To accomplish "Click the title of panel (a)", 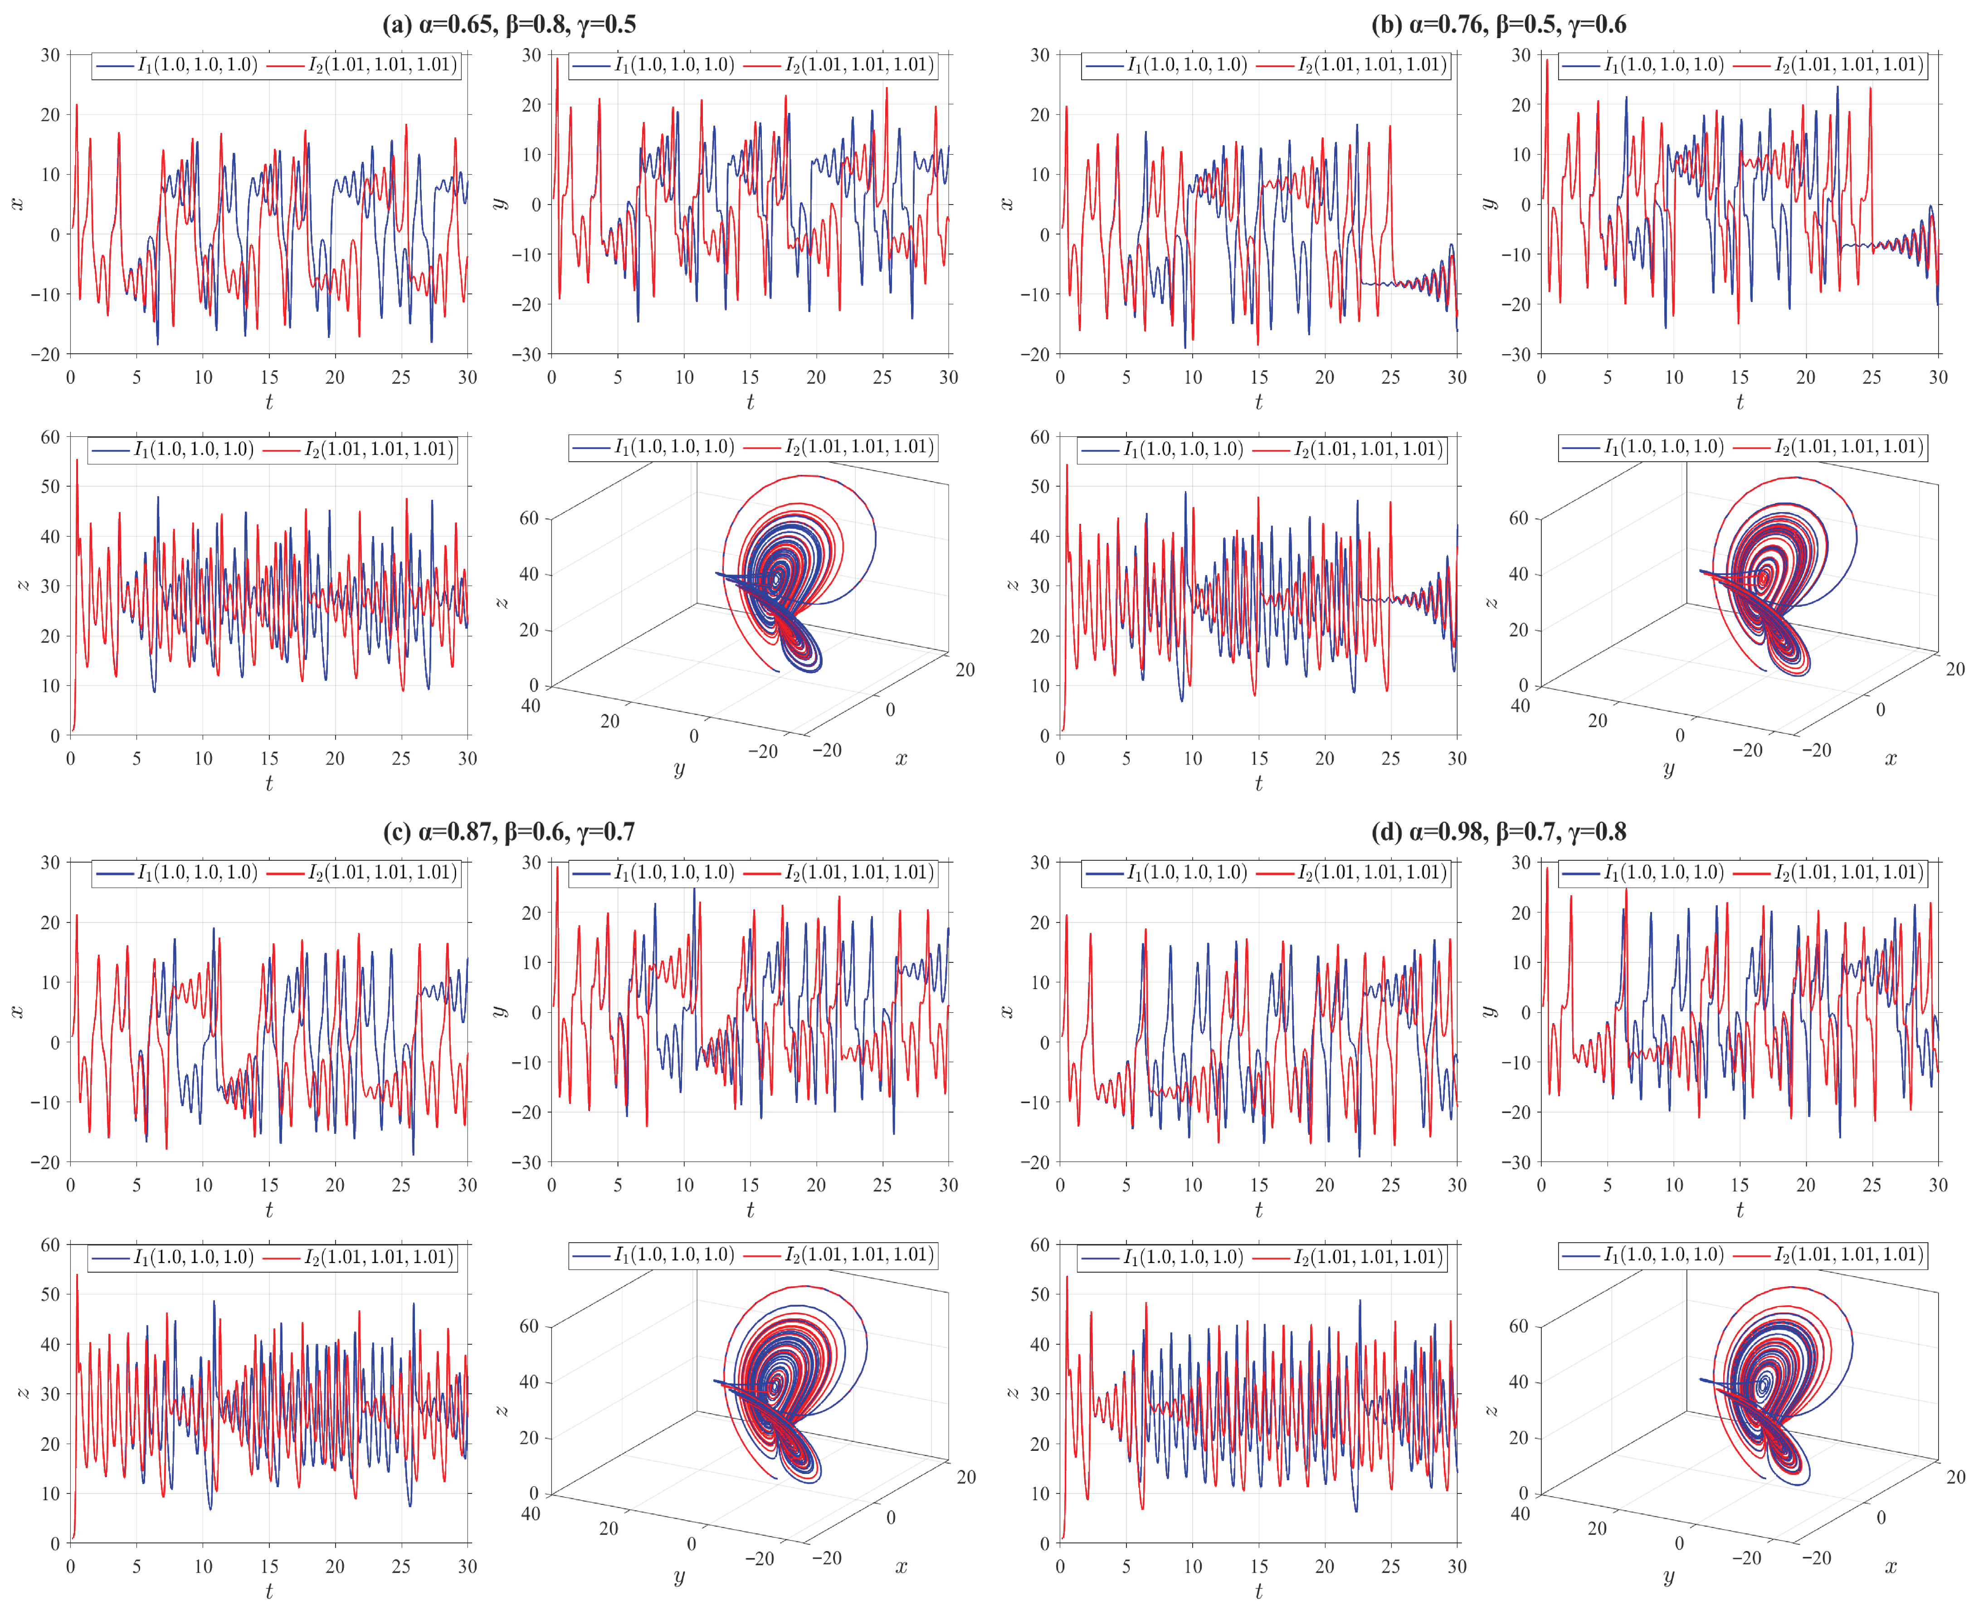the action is point(509,24).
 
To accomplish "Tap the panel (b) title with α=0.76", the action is point(1498,24).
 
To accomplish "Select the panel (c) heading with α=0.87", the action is point(509,832).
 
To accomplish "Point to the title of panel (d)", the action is point(1498,832).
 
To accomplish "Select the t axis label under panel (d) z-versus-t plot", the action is point(1258,1591).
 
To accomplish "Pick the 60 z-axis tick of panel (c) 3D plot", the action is point(529,1326).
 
